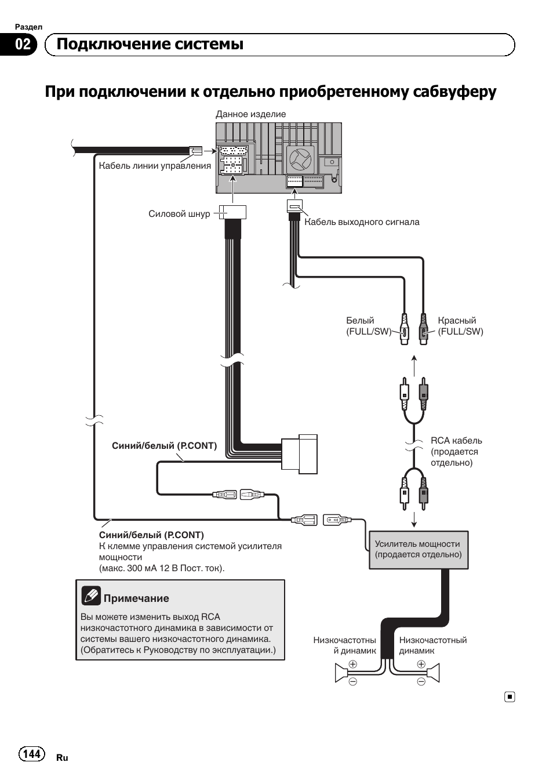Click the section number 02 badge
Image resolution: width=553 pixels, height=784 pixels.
pyautogui.click(x=22, y=45)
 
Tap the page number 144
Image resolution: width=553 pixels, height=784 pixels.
pyautogui.click(x=32, y=753)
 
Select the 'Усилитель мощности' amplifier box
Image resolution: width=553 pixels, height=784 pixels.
pyautogui.click(x=419, y=550)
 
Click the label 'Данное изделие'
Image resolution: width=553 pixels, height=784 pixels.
pyautogui.click(x=250, y=114)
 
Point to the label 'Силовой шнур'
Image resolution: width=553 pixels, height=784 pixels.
pyautogui.click(x=179, y=213)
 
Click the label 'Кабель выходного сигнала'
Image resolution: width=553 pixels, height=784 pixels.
pyautogui.click(x=362, y=222)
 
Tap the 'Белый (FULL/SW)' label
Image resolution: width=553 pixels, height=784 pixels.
pyautogui.click(x=368, y=326)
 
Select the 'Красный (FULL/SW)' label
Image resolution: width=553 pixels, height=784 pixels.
pyautogui.click(x=460, y=326)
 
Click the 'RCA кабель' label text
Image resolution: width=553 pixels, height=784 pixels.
pyautogui.click(x=456, y=441)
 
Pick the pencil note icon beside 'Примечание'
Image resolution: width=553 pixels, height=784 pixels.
pyautogui.click(x=91, y=596)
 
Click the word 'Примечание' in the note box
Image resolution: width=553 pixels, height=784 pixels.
pyautogui.click(x=136, y=598)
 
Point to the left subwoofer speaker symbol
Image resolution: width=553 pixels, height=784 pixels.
pyautogui.click(x=341, y=673)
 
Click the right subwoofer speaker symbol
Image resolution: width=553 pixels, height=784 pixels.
pyautogui.click(x=433, y=673)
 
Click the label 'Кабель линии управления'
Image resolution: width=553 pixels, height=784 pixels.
pyautogui.click(x=155, y=166)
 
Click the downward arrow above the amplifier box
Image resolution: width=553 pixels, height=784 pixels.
pyautogui.click(x=414, y=519)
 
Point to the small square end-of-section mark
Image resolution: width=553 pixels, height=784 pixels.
pyautogui.click(x=509, y=697)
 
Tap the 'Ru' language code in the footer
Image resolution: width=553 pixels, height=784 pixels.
pyautogui.click(x=62, y=758)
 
